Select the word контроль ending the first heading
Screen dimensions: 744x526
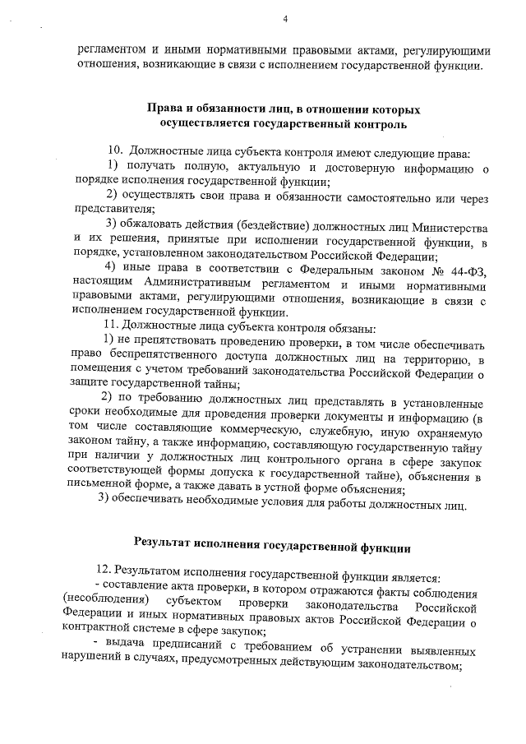(x=375, y=123)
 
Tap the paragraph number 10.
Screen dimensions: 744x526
(x=116, y=154)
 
